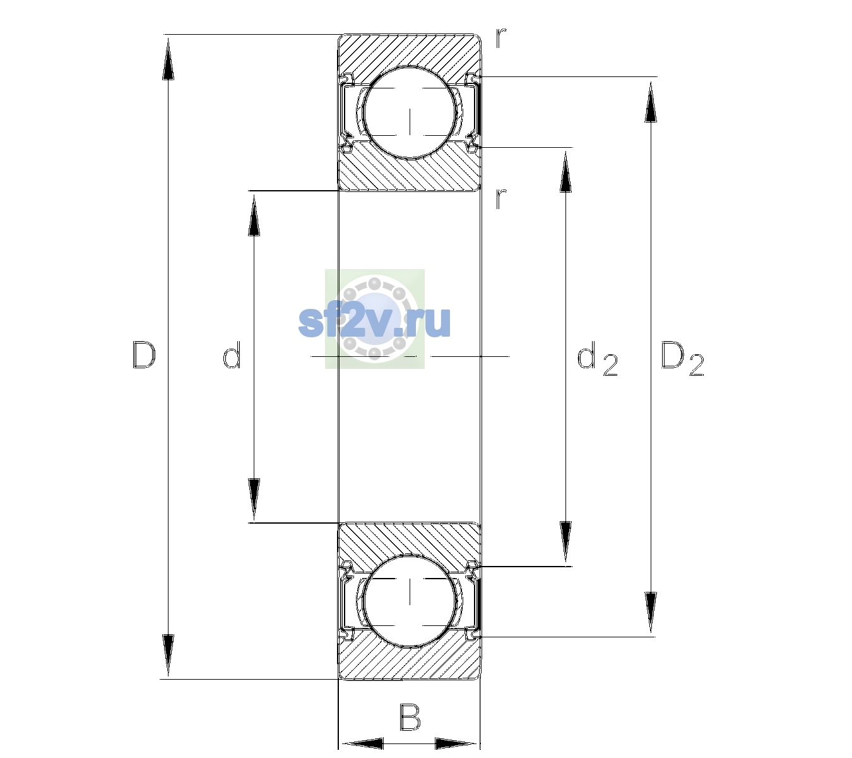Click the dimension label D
(x=145, y=355)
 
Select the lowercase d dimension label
(x=232, y=355)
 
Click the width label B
(x=410, y=718)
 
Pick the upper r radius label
(x=501, y=38)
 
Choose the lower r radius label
(x=501, y=198)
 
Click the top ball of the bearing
(x=410, y=113)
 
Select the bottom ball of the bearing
(x=410, y=601)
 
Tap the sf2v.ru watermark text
(x=374, y=322)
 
